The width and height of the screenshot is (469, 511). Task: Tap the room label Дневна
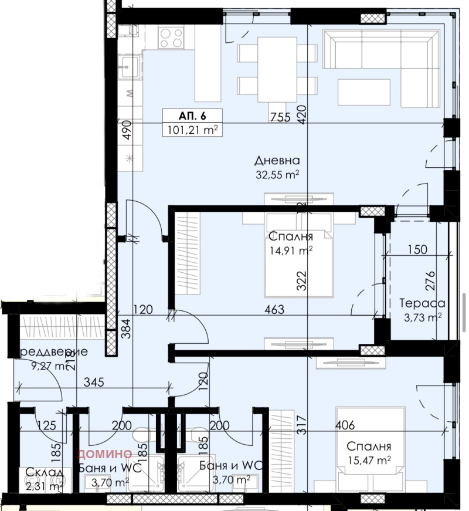click(x=277, y=161)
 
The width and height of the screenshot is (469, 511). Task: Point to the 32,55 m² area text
click(x=277, y=174)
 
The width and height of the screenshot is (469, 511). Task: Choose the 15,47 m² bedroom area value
click(x=368, y=459)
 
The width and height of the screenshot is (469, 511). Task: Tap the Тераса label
click(x=422, y=303)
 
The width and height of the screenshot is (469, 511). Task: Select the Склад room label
click(x=40, y=472)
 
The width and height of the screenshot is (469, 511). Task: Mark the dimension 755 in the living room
click(x=280, y=117)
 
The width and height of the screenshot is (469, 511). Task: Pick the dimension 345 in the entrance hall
click(x=94, y=383)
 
